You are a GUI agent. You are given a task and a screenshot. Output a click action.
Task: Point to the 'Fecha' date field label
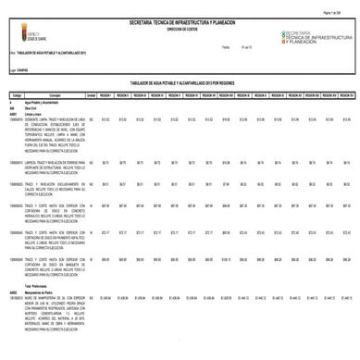[x=225, y=46]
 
